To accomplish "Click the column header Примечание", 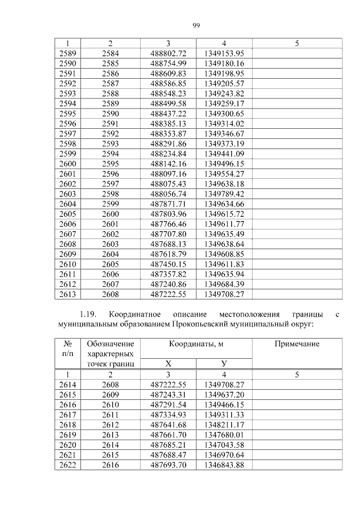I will click(x=296, y=344).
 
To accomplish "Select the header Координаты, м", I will click(x=196, y=344).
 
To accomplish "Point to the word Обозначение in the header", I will click(x=110, y=344).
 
